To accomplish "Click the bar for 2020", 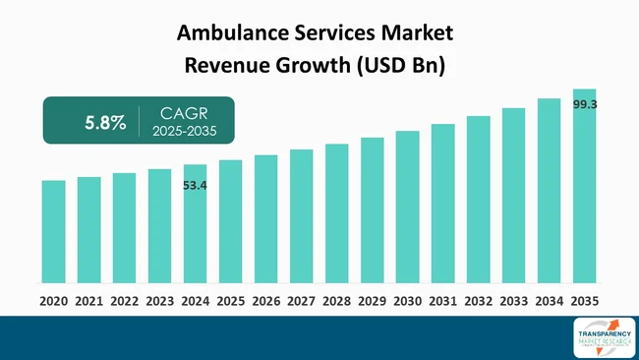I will (x=53, y=232).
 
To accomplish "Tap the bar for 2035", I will (x=585, y=187).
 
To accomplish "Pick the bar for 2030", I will (x=407, y=208).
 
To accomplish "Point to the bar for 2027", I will (x=301, y=216).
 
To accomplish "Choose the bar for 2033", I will (x=513, y=196).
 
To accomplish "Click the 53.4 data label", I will (x=196, y=184).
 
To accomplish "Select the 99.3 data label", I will (x=585, y=102).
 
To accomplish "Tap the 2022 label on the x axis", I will (x=124, y=301).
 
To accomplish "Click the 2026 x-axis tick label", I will (x=265, y=301).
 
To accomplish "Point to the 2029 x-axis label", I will (x=372, y=301).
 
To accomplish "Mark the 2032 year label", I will (x=478, y=301).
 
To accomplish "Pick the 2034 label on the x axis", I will (x=549, y=301).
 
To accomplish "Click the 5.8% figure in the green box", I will (x=104, y=123).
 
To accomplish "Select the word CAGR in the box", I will (x=177, y=112).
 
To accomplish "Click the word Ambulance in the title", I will (x=230, y=32).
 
